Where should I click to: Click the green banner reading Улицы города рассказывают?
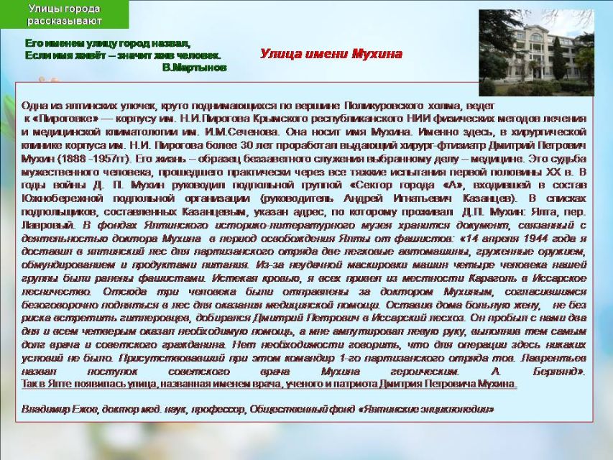tap(64, 14)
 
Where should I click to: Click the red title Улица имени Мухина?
tap(331, 54)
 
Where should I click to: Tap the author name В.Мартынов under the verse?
tap(194, 68)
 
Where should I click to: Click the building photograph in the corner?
tap(536, 52)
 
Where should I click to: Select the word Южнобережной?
tap(63, 198)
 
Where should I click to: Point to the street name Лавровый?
tap(47, 225)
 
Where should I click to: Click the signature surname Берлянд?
tap(558, 371)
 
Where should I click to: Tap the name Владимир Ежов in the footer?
tap(60, 409)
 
